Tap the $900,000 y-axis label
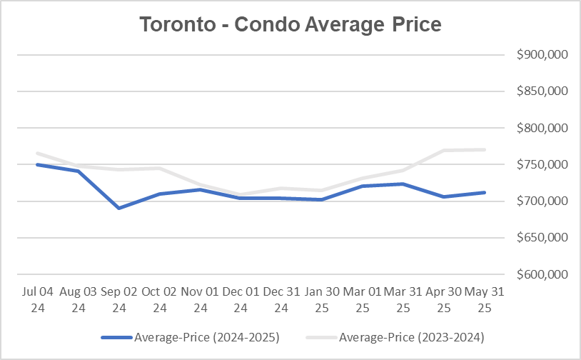tap(541, 55)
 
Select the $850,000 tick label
tap(541, 91)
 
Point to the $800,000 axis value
tap(541, 128)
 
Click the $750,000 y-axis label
tap(541, 164)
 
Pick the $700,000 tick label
tap(541, 201)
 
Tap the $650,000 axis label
tap(541, 238)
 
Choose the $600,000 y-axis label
tap(541, 274)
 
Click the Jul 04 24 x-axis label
tap(37, 300)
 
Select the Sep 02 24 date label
tap(118, 300)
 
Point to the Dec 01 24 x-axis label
tap(241, 300)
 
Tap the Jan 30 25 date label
tap(322, 300)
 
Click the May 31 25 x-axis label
tap(485, 300)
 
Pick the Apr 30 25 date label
tap(444, 300)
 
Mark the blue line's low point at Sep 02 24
tap(118, 208)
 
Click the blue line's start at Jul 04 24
tap(37, 164)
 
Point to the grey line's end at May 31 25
tap(485, 149)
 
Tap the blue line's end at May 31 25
tap(485, 192)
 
